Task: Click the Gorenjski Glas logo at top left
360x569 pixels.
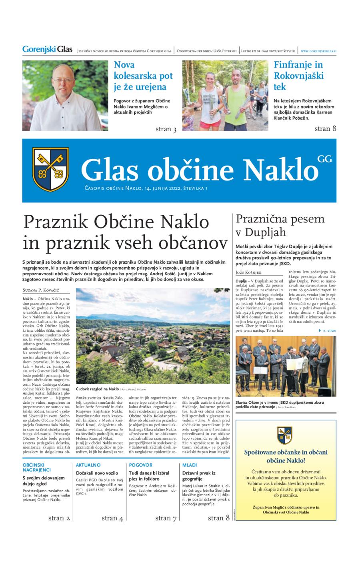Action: coord(47,50)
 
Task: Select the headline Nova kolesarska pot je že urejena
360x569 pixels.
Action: coord(143,76)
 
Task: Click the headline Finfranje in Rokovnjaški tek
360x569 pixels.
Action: coord(298,76)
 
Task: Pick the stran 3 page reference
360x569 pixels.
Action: coord(166,129)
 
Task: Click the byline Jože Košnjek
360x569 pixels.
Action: coord(249,272)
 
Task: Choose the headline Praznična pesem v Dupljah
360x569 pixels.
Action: coord(280,226)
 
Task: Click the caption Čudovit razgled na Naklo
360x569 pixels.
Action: coord(98,389)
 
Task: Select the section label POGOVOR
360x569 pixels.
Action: coord(140,465)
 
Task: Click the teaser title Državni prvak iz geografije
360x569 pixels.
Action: coord(199,476)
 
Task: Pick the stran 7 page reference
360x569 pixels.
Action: coord(166,518)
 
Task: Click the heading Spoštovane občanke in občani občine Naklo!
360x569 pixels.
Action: coord(286,456)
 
